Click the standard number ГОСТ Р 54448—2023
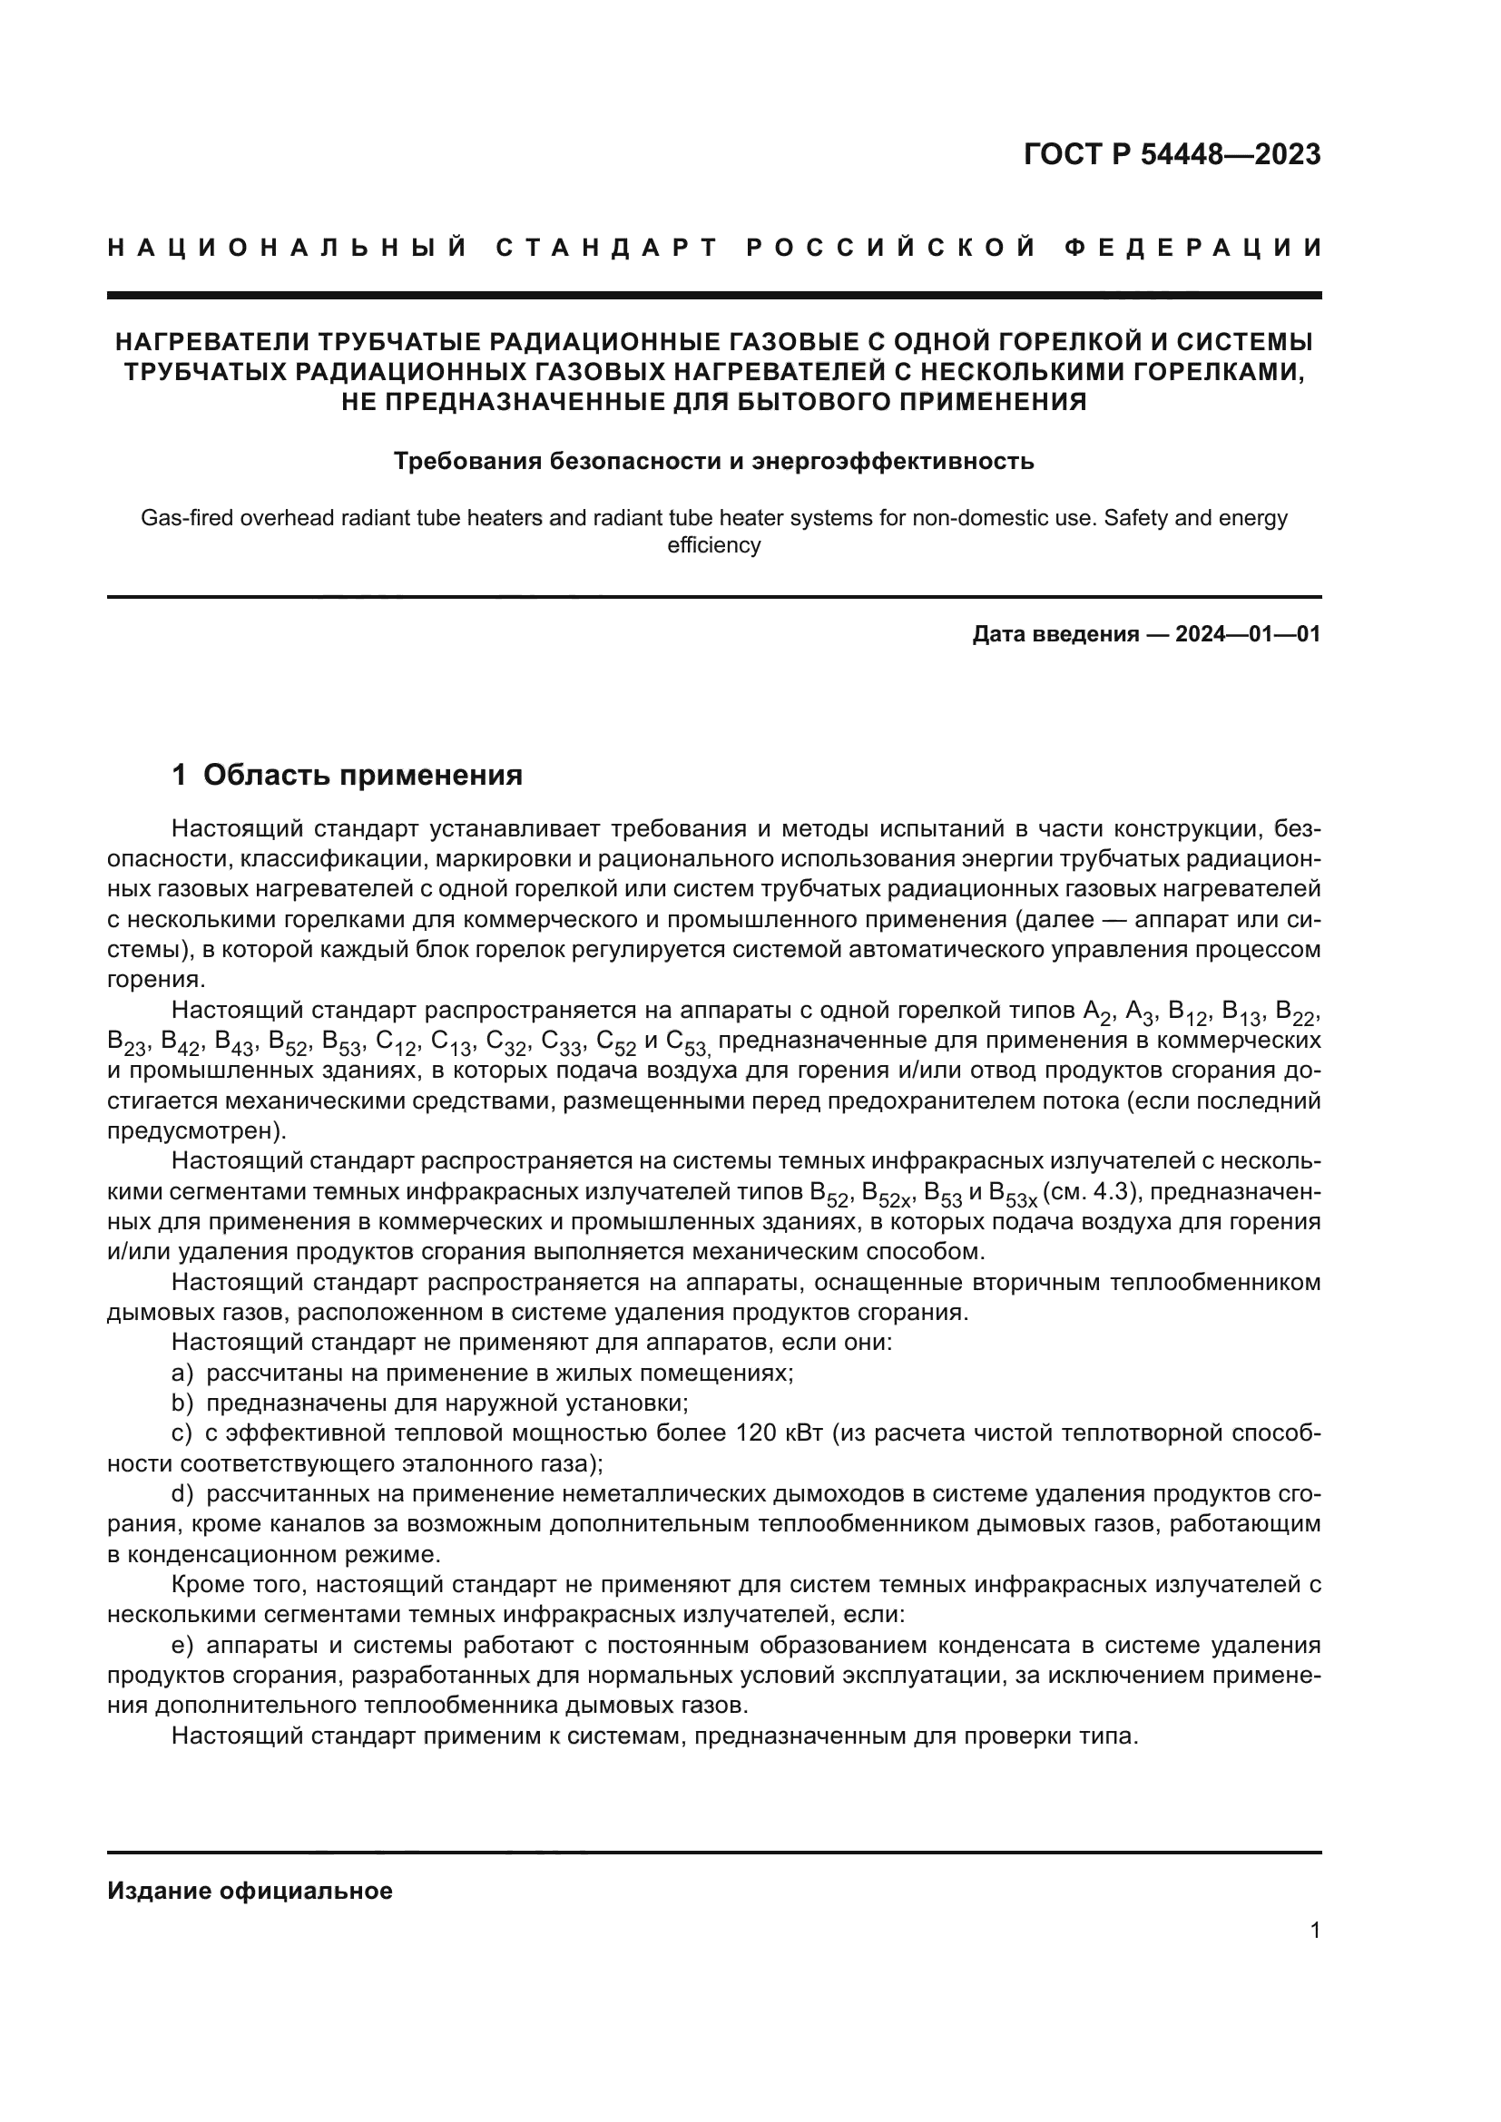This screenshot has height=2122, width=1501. coord(1172,154)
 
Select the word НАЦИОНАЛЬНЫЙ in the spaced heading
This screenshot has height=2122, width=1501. coord(288,248)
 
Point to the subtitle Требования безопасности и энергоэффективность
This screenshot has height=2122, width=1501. coord(713,460)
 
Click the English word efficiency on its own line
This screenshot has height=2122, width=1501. coord(713,545)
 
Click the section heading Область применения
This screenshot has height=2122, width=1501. coord(362,775)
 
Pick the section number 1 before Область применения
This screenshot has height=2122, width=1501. coord(181,775)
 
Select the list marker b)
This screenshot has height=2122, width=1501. coord(182,1403)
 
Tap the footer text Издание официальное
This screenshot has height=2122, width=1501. coord(250,1891)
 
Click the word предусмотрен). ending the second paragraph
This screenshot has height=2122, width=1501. coord(197,1131)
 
